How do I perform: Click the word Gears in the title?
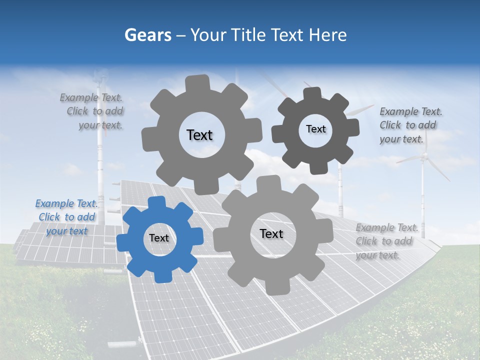coord(147,35)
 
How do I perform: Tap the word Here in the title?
coord(327,35)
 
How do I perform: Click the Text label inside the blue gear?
coord(159,238)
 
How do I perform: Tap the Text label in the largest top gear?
coord(199,135)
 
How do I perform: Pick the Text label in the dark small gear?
coord(315,129)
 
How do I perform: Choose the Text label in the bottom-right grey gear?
coord(271,234)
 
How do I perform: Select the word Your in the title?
coord(210,35)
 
